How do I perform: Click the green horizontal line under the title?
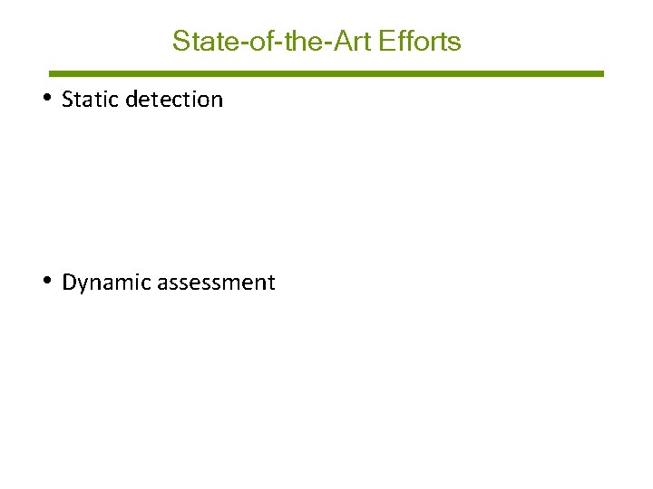[326, 73]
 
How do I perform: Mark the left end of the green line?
[51, 73]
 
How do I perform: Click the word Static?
[91, 100]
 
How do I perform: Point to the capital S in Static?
[67, 100]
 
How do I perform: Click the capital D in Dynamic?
[69, 283]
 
